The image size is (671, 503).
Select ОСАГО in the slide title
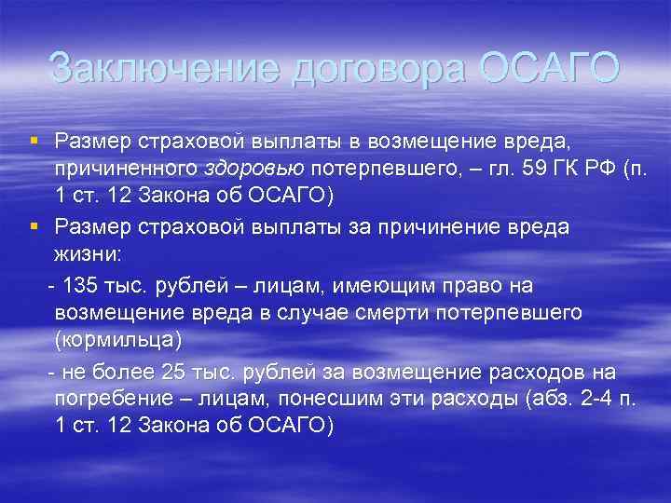[551, 69]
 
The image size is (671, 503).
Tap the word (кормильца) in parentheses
[118, 341]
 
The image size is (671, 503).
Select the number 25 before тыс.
[174, 373]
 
